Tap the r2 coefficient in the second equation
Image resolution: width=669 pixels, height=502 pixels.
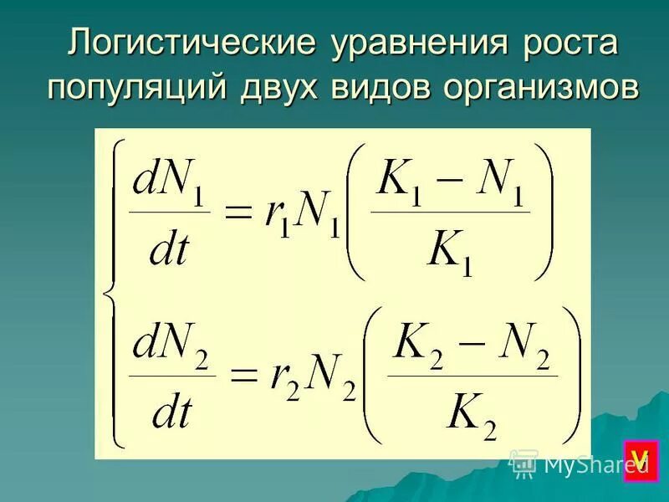[281, 381]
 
